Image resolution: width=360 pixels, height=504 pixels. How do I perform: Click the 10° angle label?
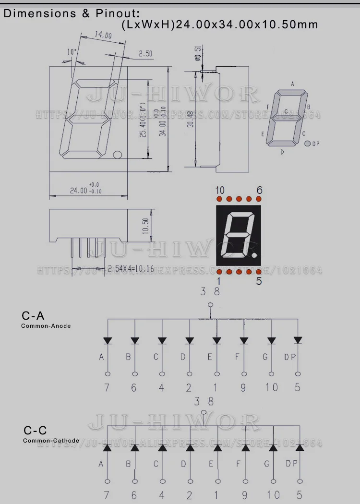[72, 52]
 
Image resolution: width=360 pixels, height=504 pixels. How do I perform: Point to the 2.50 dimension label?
[145, 54]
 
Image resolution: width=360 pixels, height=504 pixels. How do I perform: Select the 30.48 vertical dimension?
[191, 119]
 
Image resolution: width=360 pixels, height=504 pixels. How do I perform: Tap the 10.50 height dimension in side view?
[146, 225]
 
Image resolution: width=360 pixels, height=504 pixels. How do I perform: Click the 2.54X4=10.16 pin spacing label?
[131, 268]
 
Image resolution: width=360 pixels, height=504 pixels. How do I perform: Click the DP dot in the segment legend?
[307, 144]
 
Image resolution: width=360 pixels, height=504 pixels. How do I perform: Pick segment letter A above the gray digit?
[292, 84]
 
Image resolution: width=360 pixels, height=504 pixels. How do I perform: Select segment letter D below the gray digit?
[282, 152]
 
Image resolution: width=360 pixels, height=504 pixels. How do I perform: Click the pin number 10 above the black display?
[220, 190]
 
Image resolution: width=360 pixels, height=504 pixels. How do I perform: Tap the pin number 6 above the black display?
[259, 190]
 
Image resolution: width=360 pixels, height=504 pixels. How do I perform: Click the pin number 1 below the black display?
[218, 281]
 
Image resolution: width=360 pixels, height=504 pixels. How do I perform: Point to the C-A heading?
[33, 316]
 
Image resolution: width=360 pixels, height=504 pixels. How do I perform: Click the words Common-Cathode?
[51, 440]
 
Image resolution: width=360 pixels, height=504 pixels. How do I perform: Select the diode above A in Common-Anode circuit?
[107, 340]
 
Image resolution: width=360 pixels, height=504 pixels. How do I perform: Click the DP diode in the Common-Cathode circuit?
[300, 447]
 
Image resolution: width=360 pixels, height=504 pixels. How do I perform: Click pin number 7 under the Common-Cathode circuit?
[107, 495]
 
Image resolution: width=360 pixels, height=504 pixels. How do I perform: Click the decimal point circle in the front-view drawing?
[117, 155]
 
